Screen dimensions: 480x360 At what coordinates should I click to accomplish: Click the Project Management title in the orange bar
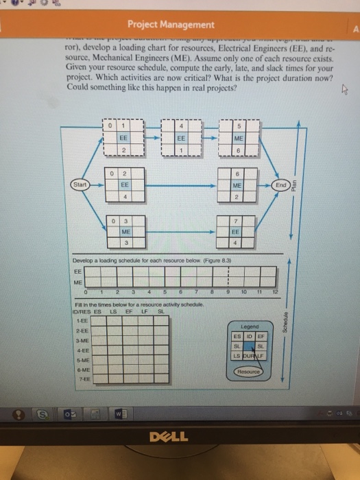pos(171,25)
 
